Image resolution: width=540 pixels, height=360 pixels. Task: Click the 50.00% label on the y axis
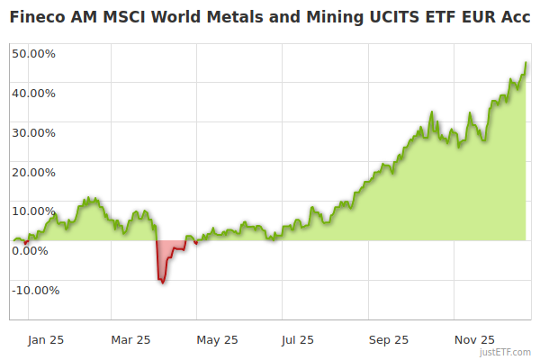pyautogui.click(x=33, y=53)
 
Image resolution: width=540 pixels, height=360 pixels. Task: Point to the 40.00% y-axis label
pyautogui.click(x=33, y=93)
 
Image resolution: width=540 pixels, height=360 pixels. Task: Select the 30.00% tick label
pyautogui.click(x=33, y=132)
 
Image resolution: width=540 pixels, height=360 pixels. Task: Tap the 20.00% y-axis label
pyautogui.click(x=33, y=172)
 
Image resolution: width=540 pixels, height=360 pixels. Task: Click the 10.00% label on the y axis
pyautogui.click(x=33, y=211)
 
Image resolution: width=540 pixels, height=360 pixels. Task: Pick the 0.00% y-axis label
pyautogui.click(x=30, y=250)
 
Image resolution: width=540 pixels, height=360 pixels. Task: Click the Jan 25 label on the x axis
pyautogui.click(x=46, y=340)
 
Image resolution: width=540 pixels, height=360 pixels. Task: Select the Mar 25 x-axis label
pyautogui.click(x=130, y=340)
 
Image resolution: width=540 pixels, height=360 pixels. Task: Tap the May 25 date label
pyautogui.click(x=217, y=340)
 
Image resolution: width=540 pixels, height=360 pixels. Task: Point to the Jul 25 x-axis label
pyautogui.click(x=298, y=340)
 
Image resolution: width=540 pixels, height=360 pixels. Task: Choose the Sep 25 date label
pyautogui.click(x=388, y=340)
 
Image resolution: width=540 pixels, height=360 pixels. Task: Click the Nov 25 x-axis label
pyautogui.click(x=474, y=340)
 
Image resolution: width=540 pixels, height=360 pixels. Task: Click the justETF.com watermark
pyautogui.click(x=505, y=353)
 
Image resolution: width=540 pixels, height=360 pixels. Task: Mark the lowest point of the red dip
pyautogui.click(x=162, y=283)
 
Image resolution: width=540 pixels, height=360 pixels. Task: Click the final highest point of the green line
pyautogui.click(x=526, y=63)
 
